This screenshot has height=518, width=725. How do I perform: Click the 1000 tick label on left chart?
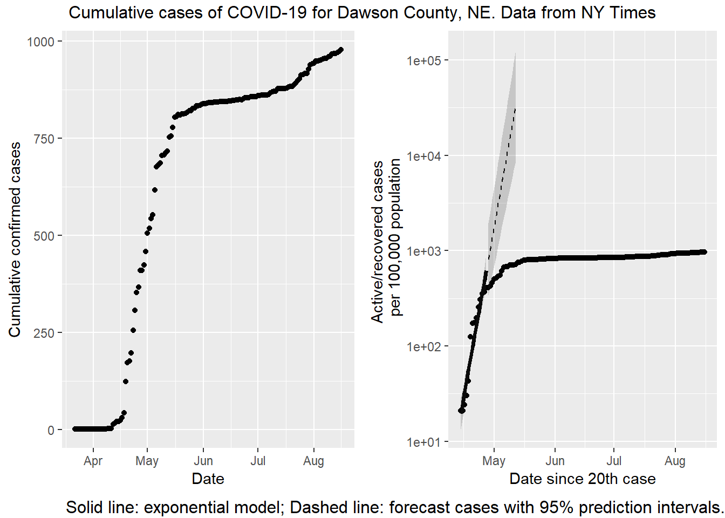coord(40,42)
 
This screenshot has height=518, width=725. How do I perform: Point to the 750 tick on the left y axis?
coord(44,139)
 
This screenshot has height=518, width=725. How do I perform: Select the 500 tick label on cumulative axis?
coord(44,236)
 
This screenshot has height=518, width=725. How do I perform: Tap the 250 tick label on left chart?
coord(44,333)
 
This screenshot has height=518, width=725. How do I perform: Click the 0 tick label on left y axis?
coord(51,431)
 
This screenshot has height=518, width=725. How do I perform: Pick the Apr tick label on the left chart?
coord(93,461)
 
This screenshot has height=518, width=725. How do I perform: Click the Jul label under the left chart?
coord(258,461)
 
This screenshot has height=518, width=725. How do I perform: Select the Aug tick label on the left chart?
coord(313,461)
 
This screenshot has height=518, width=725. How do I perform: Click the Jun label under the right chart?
coord(555,461)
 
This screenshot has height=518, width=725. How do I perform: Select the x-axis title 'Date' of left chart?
coord(208,479)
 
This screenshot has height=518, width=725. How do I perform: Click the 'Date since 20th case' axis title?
coord(583,479)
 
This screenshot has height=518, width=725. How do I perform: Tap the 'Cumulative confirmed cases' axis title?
coord(15,240)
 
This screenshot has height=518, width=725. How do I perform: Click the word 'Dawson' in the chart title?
coord(366,12)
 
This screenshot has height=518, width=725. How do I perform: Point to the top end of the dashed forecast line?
coord(515,109)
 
